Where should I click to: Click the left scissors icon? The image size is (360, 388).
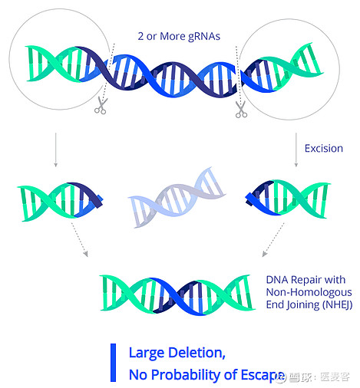pyautogui.click(x=101, y=106)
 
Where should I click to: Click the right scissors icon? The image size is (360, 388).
pyautogui.click(x=241, y=110)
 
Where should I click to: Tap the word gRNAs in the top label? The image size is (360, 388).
pyautogui.click(x=204, y=37)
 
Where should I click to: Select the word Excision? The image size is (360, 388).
pyautogui.click(x=324, y=149)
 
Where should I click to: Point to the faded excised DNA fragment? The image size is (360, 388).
pyautogui.click(x=177, y=197)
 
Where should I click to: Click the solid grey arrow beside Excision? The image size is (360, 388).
pyautogui.click(x=296, y=150)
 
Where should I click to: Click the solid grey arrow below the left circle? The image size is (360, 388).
pyautogui.click(x=56, y=150)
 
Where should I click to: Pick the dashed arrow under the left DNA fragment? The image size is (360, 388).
pyautogui.click(x=80, y=239)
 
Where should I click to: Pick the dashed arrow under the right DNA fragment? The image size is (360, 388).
pyautogui.click(x=273, y=239)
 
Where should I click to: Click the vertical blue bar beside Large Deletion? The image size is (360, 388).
pyautogui.click(x=113, y=363)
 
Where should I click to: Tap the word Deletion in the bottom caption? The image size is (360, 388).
pyautogui.click(x=197, y=353)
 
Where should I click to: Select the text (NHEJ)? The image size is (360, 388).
pyautogui.click(x=337, y=305)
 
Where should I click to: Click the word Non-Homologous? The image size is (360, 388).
pyautogui.click(x=309, y=292)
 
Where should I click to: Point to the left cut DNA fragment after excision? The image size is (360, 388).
pyautogui.click(x=61, y=202)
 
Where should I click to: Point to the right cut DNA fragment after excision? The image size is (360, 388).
pyautogui.click(x=288, y=199)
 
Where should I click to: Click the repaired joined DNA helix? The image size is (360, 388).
pyautogui.click(x=178, y=295)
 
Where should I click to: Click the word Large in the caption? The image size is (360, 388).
pyautogui.click(x=147, y=353)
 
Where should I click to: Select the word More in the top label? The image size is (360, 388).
pyautogui.click(x=172, y=36)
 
